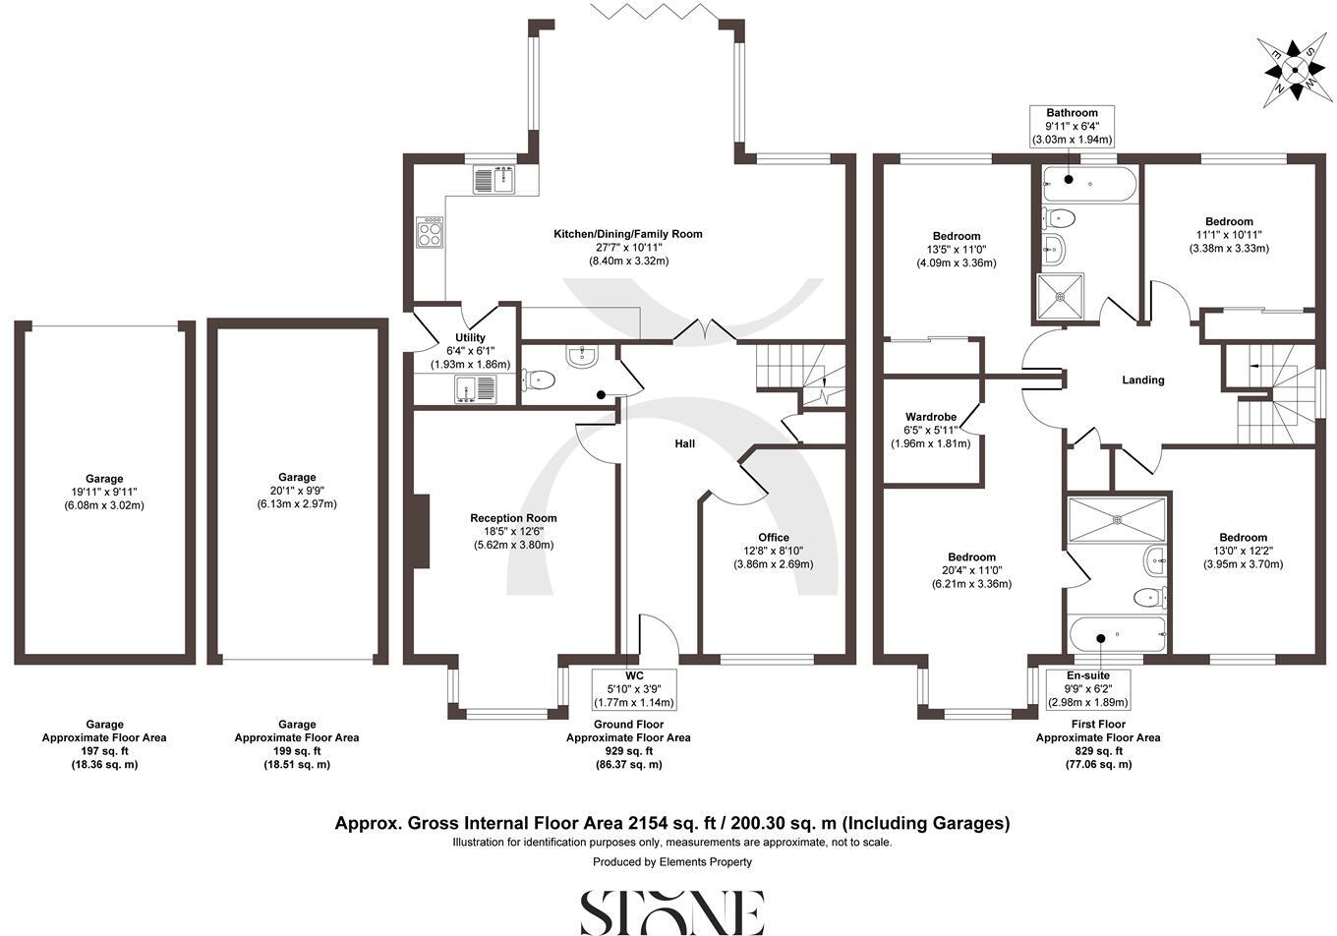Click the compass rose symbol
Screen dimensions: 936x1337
coord(1294,69)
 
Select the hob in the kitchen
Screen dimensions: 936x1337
coord(431,234)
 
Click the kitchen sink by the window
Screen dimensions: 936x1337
coord(494,180)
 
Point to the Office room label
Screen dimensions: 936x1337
coord(774,538)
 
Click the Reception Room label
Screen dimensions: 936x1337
coord(513,518)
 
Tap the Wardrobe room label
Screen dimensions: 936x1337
coord(930,417)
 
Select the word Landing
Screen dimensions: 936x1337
coord(1142,380)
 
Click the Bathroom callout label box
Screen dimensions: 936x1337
coord(1072,127)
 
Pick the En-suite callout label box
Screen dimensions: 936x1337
coord(1097,689)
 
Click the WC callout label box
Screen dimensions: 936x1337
coord(633,689)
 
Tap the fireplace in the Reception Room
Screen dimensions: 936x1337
coord(422,531)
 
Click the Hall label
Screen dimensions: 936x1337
coord(684,443)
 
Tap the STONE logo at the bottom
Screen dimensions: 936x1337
coord(671,911)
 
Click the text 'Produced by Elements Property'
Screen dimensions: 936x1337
coord(671,862)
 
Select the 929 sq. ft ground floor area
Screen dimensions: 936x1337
coord(628,751)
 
